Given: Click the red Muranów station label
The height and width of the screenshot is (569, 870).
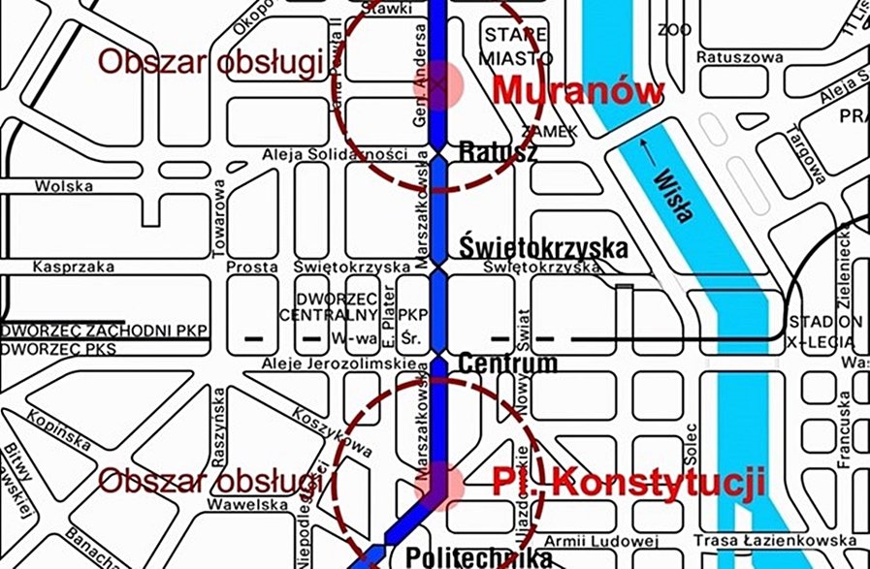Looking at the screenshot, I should pos(578,91).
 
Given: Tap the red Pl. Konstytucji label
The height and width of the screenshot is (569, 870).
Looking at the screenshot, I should pos(627,482).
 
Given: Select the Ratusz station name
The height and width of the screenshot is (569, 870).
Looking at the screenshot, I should pos(498,152).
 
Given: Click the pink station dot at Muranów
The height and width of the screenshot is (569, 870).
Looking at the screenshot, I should pos(441,84).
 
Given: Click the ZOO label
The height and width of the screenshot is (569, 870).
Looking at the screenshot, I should pos(673,30).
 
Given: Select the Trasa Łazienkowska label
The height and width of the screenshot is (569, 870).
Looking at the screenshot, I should pos(774,540).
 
